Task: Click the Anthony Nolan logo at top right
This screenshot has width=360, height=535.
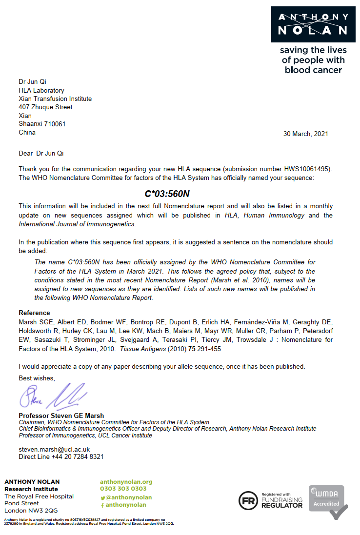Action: [313, 24]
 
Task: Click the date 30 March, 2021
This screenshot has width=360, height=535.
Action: [305, 134]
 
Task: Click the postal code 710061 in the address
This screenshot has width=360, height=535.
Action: [55, 124]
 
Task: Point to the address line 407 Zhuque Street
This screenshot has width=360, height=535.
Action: [45, 107]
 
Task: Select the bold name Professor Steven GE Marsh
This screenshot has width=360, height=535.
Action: [61, 416]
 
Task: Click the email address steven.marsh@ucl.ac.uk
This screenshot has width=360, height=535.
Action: [54, 449]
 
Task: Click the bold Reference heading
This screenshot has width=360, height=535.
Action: [34, 313]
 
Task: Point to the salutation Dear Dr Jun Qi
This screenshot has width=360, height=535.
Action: [41, 153]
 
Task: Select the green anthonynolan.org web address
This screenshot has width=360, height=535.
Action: [126, 481]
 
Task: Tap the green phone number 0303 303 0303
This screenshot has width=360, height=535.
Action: [123, 489]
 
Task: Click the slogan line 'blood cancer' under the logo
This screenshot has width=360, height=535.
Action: [313, 70]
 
